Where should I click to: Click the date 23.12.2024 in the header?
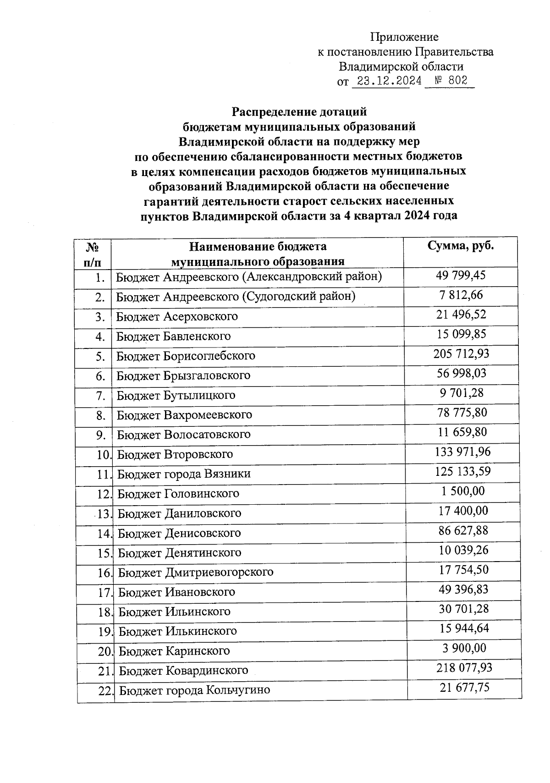[x=389, y=81]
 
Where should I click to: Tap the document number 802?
[x=457, y=81]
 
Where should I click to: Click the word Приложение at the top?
[x=404, y=37]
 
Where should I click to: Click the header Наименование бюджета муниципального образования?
[x=258, y=254]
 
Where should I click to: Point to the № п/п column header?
[x=93, y=254]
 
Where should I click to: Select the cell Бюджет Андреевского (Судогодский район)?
[x=236, y=297]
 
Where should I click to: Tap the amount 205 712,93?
[x=461, y=354]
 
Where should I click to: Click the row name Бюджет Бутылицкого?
[x=176, y=395]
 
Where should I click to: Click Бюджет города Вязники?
[x=184, y=474]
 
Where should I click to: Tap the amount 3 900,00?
[x=464, y=648]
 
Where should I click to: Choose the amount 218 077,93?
[x=464, y=668]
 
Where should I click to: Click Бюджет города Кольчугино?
[x=194, y=690]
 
